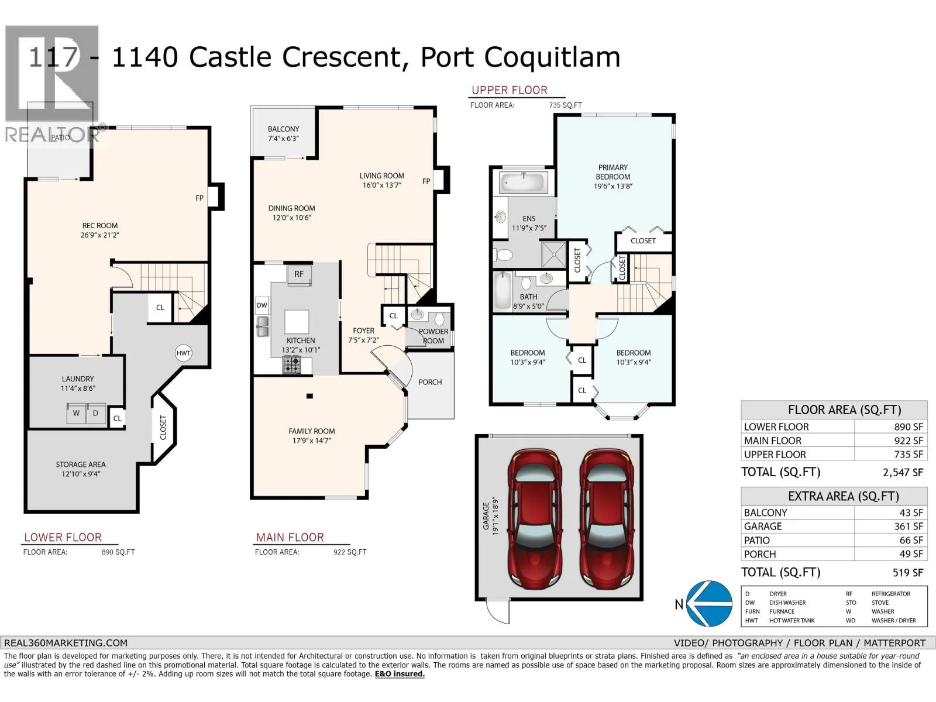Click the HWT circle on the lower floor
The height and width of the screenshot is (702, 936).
[183, 353]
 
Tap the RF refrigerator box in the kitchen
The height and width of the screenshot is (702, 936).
[299, 274]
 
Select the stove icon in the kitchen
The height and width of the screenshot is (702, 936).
[292, 365]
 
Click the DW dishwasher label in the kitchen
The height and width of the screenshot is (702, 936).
[262, 305]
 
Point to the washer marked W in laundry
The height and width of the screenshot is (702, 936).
[76, 413]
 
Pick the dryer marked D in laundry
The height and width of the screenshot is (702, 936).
[95, 413]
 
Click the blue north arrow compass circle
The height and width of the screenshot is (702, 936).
[710, 604]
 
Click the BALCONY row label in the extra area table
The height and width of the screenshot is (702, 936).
[765, 513]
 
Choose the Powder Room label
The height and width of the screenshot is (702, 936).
[433, 336]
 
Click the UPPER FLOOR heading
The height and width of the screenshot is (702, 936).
[509, 90]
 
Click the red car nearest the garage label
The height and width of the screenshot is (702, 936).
[534, 518]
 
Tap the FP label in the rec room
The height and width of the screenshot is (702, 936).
[199, 198]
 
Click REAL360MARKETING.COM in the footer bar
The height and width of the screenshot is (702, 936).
[66, 643]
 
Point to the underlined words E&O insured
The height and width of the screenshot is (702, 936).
[400, 674]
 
